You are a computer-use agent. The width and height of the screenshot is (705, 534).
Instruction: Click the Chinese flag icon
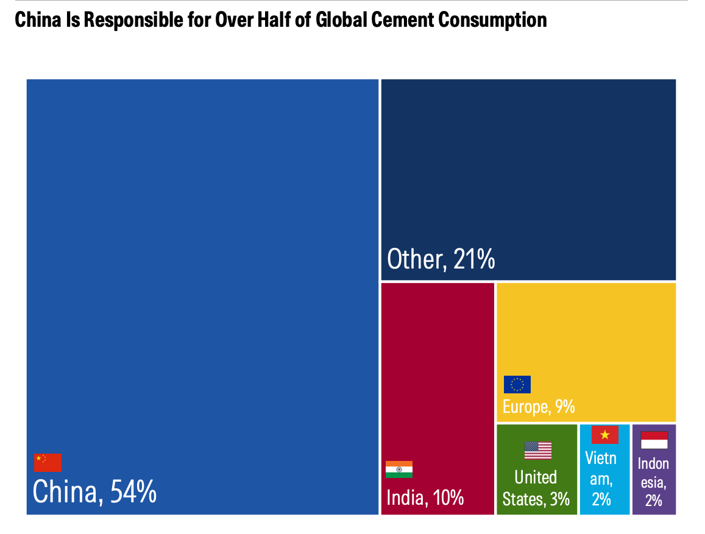pos(48,463)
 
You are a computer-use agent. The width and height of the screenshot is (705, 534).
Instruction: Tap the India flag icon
pos(399,469)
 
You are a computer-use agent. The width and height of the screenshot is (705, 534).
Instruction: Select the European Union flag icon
pos(517,384)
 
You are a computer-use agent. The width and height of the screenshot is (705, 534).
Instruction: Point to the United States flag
pos(538,451)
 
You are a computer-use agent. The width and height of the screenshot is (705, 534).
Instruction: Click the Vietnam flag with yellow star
pos(604,435)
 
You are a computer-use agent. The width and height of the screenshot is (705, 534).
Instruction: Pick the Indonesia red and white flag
pos(654,440)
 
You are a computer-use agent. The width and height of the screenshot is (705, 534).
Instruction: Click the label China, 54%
pos(94,491)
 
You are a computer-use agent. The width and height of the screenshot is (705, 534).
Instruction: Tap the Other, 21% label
pos(441,259)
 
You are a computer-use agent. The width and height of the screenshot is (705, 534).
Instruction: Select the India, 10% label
pos(425,497)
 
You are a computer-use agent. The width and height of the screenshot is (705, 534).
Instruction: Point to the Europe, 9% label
pos(539,406)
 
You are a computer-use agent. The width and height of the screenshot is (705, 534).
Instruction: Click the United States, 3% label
pos(536,488)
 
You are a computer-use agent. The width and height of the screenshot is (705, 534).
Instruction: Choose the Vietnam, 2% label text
pos(601,478)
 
